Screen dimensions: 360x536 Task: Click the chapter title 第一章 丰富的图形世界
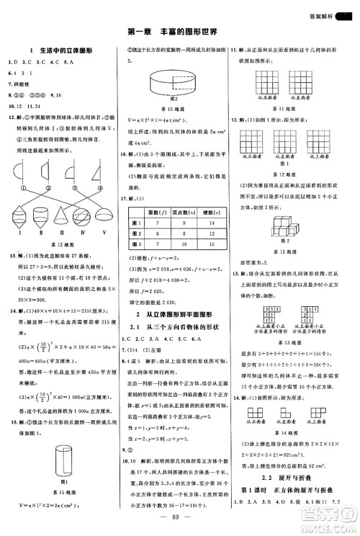click(x=181, y=31)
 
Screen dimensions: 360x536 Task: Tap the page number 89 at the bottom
click(x=180, y=517)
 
